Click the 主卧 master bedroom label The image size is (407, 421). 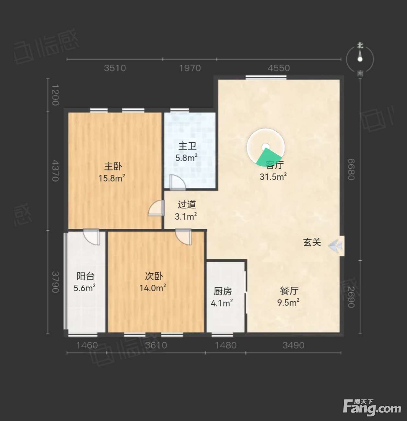[x=113, y=166]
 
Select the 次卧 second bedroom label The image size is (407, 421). [x=154, y=276]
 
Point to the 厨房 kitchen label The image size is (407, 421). [x=223, y=292]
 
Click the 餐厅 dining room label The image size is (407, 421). [x=289, y=291]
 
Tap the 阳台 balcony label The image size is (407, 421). [x=86, y=276]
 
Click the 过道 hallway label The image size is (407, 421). [x=187, y=205]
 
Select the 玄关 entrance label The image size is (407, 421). [x=312, y=242]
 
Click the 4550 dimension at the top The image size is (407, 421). [x=279, y=68]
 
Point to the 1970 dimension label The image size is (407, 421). [x=190, y=68]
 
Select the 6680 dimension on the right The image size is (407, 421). [x=351, y=169]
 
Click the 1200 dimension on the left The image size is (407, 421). [x=55, y=95]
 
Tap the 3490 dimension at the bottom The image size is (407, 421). [x=293, y=345]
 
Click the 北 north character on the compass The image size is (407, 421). [x=360, y=46]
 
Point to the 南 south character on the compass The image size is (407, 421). [x=360, y=74]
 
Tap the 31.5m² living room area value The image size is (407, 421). [x=273, y=177]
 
